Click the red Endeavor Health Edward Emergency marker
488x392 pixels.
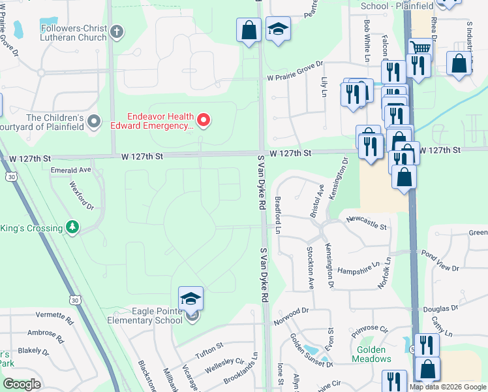204,119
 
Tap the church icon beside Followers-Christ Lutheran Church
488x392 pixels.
117,31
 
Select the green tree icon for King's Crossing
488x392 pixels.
72,228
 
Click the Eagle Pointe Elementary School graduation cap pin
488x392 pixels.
191,299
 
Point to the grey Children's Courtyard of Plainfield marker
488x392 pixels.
95,120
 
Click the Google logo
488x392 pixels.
22,384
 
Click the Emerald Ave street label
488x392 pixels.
71,170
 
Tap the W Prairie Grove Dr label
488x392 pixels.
295,77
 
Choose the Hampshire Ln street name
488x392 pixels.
358,268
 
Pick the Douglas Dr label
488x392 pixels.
440,308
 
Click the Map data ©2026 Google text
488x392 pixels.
448,387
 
